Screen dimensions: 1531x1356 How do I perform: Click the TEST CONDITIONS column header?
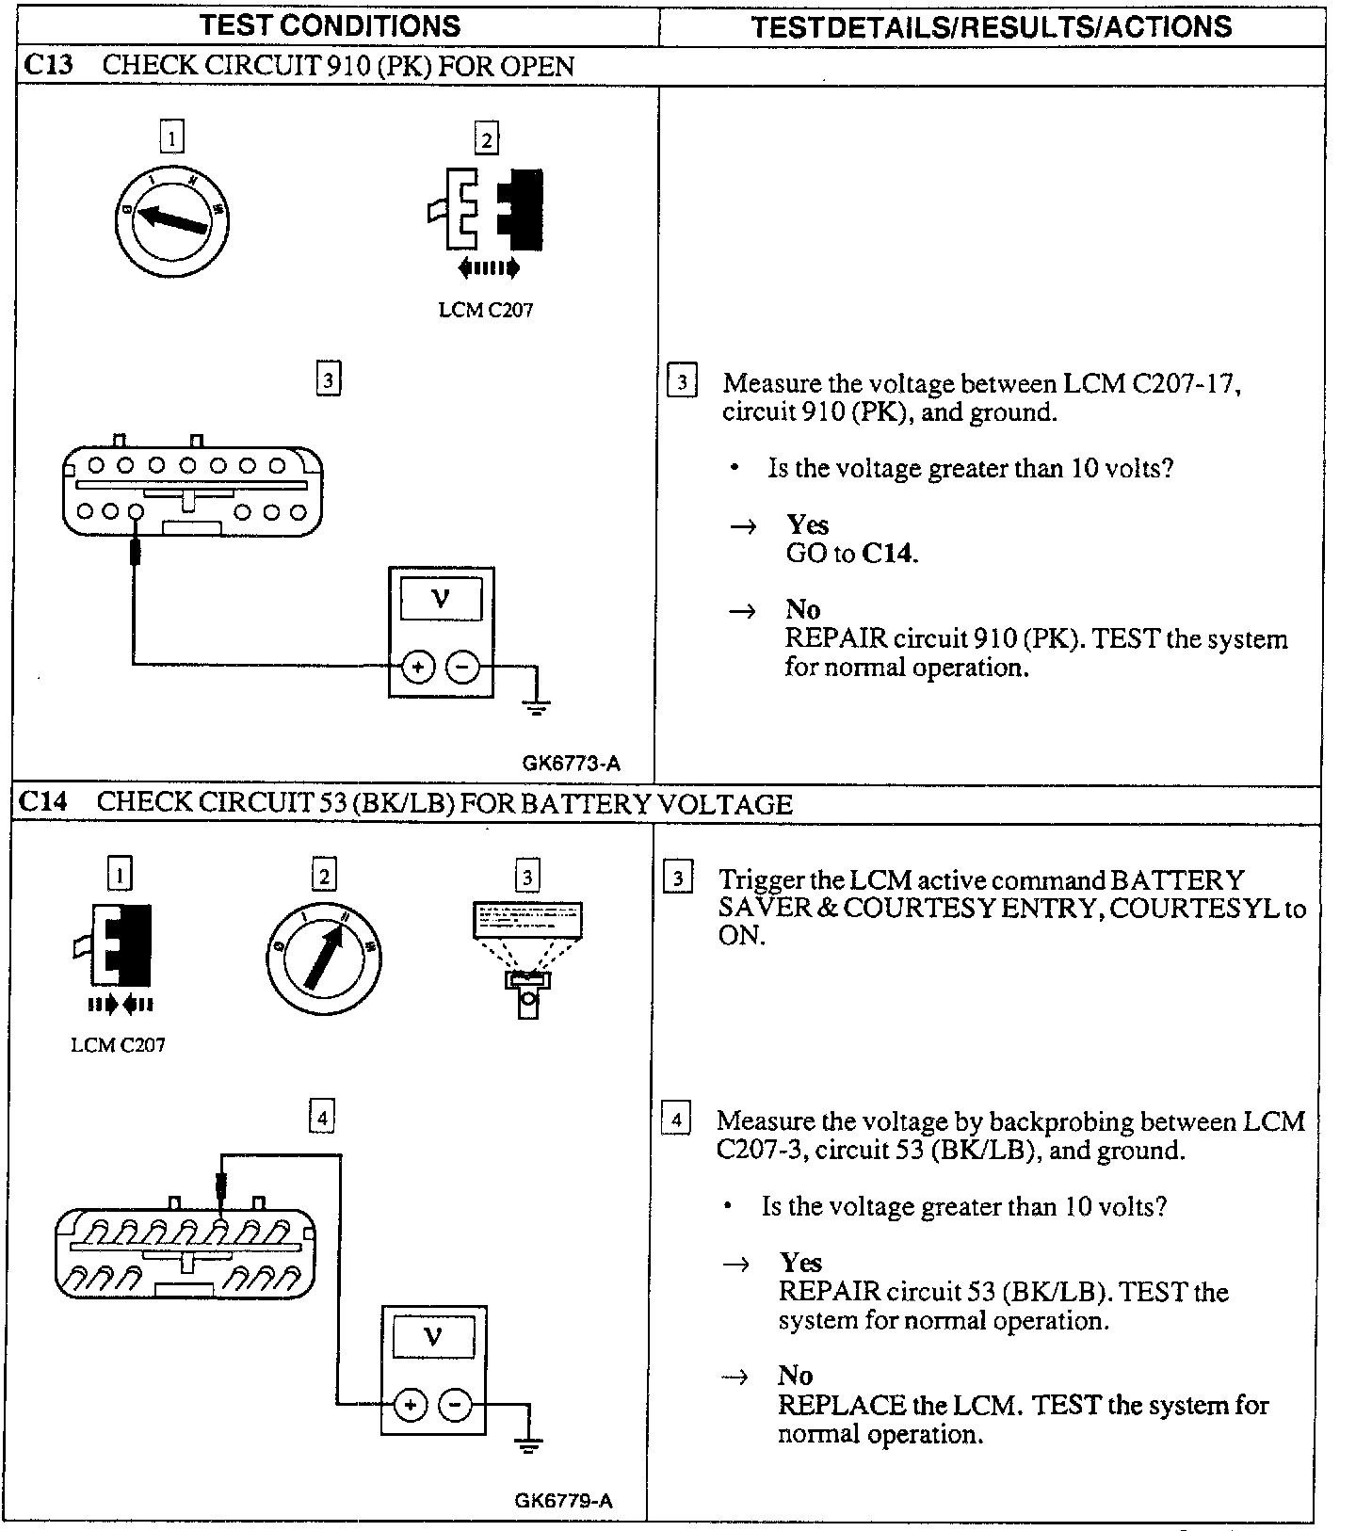click(x=330, y=25)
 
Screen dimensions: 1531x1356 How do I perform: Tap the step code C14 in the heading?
click(x=44, y=802)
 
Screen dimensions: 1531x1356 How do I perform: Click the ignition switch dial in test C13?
click(x=172, y=219)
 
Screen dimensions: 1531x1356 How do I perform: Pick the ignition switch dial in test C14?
click(x=322, y=958)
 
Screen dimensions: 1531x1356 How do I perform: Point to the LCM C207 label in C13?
click(x=486, y=310)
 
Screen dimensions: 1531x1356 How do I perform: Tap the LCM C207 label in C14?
click(x=118, y=1044)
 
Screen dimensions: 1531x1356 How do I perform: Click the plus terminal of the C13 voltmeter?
click(x=417, y=668)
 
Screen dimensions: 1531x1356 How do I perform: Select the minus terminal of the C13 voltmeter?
click(x=462, y=668)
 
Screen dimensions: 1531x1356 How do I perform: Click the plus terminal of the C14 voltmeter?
click(x=410, y=1406)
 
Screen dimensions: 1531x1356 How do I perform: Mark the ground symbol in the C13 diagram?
click(x=537, y=705)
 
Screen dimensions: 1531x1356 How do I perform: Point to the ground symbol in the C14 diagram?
click(x=529, y=1444)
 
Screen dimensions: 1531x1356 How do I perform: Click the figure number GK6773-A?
click(x=572, y=764)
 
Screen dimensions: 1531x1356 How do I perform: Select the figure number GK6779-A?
click(x=564, y=1500)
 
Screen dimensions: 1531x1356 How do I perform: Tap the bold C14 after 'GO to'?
click(x=888, y=553)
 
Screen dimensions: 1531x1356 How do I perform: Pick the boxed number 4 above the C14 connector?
click(x=322, y=1118)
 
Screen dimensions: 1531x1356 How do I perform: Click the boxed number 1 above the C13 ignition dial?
click(x=171, y=138)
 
